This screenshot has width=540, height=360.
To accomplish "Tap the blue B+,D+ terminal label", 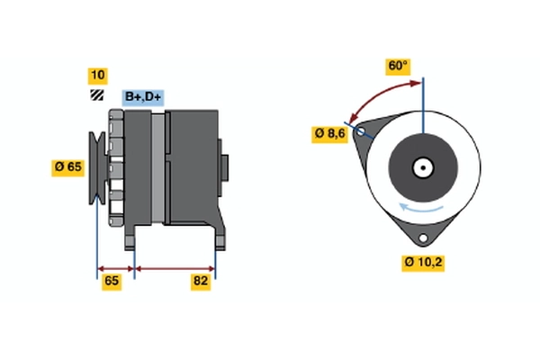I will click(142, 96).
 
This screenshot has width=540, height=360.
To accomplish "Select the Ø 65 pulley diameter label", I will click(68, 166).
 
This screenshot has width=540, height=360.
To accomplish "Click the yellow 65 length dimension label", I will click(112, 281).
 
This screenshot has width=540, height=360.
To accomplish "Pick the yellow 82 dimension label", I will click(201, 281).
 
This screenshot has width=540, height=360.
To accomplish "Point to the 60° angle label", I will click(398, 67).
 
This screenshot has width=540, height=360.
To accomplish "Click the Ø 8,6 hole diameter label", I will click(329, 133).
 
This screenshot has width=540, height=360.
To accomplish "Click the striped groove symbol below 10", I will click(96, 94).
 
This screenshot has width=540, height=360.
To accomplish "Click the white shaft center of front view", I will click(421, 166).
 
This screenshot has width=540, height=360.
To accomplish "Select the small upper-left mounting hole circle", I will click(361, 131).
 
